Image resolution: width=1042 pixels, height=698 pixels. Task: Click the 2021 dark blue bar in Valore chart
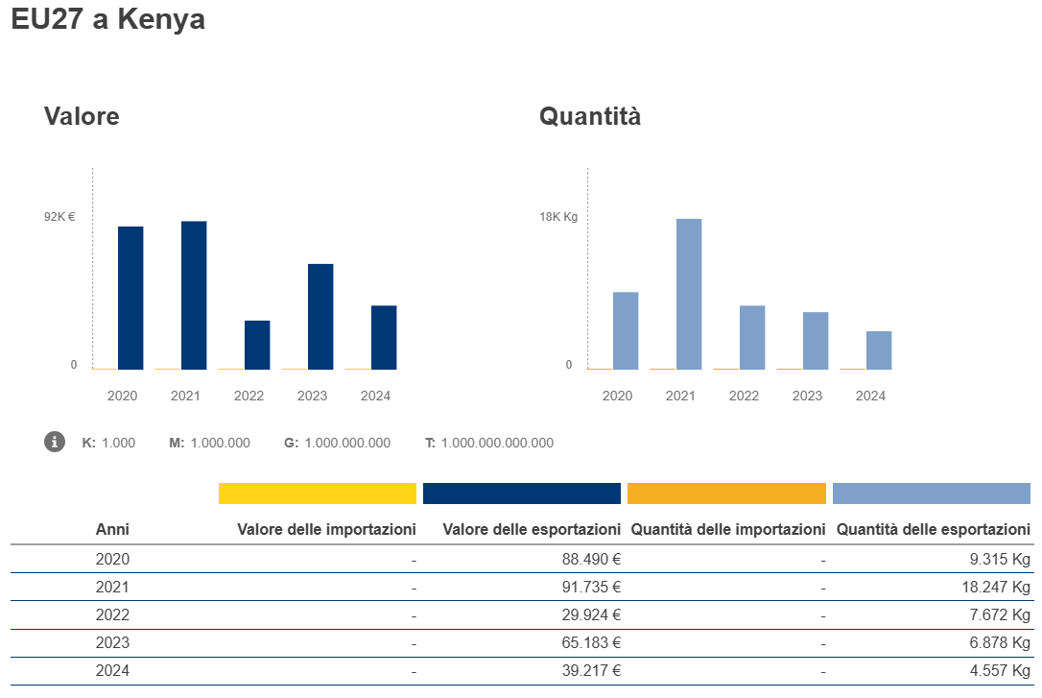point(194,295)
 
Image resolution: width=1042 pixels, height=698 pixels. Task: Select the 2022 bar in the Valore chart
point(257,345)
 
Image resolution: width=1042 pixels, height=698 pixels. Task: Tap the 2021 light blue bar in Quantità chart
point(689,294)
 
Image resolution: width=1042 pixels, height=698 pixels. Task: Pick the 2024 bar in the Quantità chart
point(879,350)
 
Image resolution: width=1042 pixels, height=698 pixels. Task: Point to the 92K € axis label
point(59,217)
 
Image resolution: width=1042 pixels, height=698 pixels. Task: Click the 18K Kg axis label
point(558,217)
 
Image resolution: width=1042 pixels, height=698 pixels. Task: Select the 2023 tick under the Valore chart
point(312,396)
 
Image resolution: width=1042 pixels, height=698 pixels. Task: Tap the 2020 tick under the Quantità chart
point(617,396)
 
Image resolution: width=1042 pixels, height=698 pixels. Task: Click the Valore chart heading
point(82,117)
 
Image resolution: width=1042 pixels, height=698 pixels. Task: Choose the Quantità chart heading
point(590,117)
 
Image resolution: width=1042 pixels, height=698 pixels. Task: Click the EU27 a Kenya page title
point(107,19)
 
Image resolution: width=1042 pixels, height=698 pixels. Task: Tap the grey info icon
point(55,442)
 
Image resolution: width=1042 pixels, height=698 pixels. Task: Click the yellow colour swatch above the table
point(318,493)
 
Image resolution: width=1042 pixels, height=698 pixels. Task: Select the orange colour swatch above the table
point(726,493)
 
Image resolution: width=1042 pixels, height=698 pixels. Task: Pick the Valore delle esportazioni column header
point(532,529)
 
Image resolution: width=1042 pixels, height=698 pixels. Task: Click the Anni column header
point(112,529)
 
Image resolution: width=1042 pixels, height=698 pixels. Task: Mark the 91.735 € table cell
point(591,587)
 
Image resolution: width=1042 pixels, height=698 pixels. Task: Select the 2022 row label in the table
point(112,614)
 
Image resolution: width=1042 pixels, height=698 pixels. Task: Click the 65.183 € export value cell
point(591,642)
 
